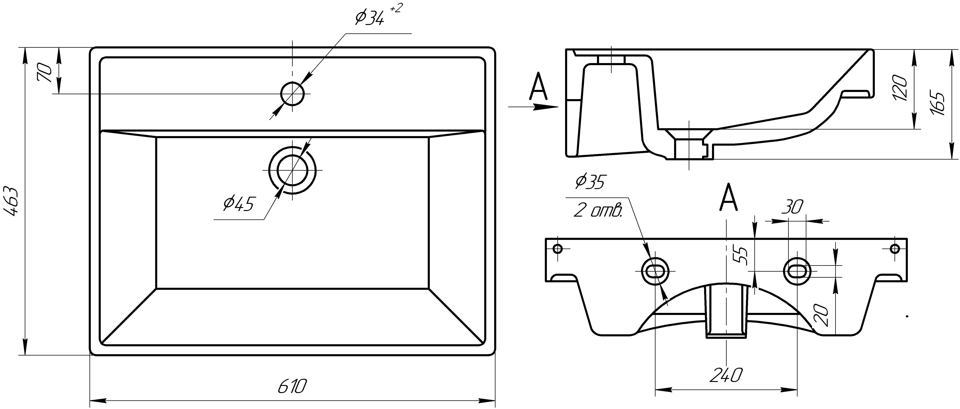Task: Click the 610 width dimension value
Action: click(292, 387)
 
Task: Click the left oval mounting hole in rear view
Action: click(655, 271)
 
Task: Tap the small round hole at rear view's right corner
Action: click(894, 248)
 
